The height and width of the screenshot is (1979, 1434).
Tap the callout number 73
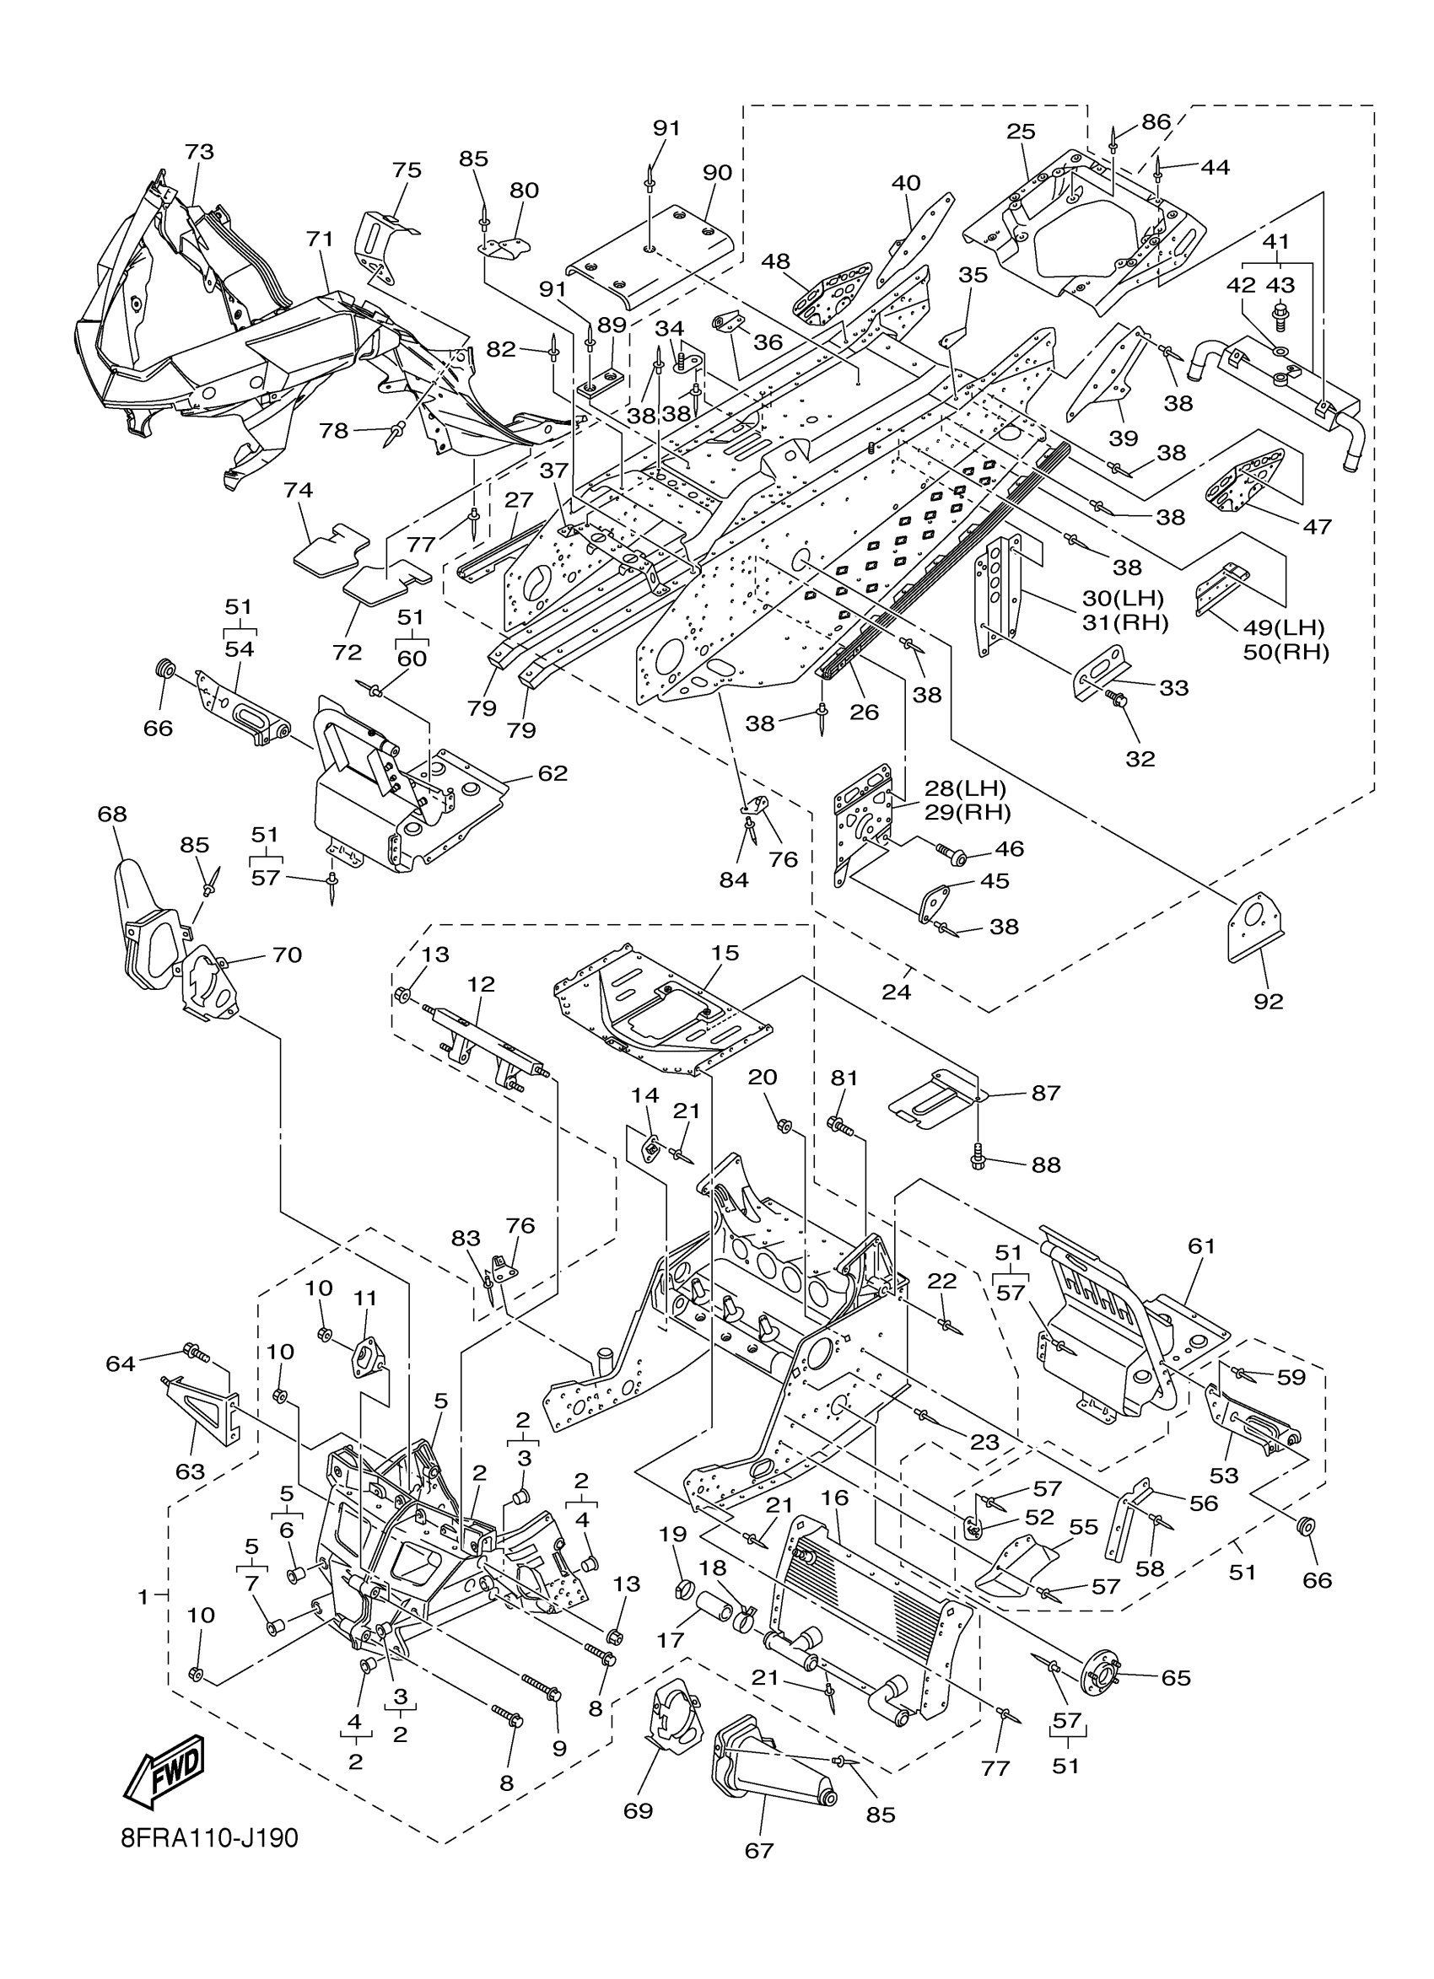click(x=199, y=152)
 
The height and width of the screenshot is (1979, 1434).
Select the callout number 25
click(x=1021, y=132)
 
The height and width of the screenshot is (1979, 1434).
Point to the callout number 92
click(x=1268, y=1001)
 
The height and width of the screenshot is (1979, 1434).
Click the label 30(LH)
click(x=1124, y=598)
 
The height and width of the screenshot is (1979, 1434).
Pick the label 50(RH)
click(x=1286, y=651)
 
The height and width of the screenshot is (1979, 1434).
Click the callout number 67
click(x=758, y=1849)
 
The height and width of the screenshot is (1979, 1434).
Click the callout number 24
click(x=897, y=992)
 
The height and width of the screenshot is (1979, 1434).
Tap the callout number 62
click(x=553, y=773)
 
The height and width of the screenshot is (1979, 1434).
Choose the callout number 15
click(x=725, y=953)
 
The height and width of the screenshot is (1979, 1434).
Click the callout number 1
click(x=143, y=1597)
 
